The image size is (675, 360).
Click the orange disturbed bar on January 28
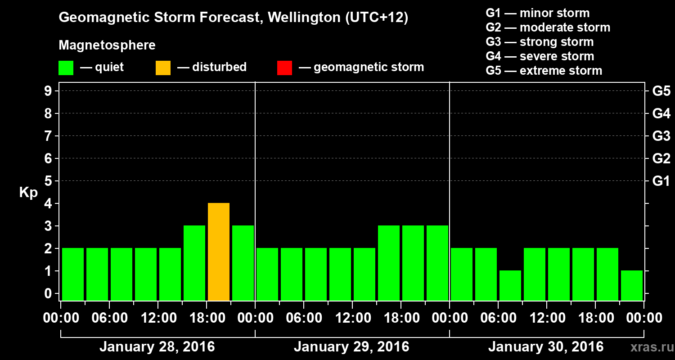coord(219,252)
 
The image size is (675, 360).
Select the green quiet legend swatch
coord(66,68)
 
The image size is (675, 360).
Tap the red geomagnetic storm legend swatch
coord(284,68)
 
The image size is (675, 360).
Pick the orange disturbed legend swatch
coord(163,68)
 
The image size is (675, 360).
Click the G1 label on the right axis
coord(661,181)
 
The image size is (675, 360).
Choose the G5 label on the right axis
coord(661,91)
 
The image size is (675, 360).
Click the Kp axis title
coord(28,193)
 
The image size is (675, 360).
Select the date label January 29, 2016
coord(351,347)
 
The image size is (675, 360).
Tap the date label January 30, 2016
coord(546,347)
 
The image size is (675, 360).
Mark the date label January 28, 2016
coord(157,347)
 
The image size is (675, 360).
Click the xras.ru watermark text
coord(648,347)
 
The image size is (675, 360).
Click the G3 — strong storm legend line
coord(540,42)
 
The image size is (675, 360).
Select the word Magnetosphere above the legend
coord(107,45)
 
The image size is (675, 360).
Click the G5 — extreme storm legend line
coord(544,71)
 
